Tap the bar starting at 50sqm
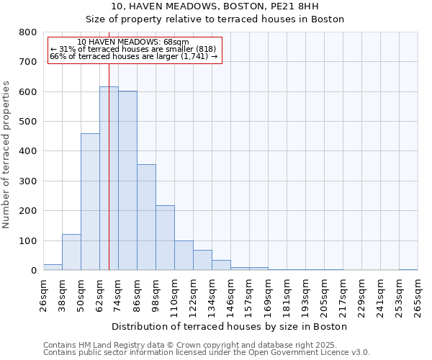[x=90, y=202]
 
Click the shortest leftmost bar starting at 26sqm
[x=53, y=267]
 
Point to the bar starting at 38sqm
[x=71, y=252]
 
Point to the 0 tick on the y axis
[x=33, y=271]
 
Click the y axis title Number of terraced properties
[x=6, y=154]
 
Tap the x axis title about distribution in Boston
[x=230, y=326]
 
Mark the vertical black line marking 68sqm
[x=109, y=144]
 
